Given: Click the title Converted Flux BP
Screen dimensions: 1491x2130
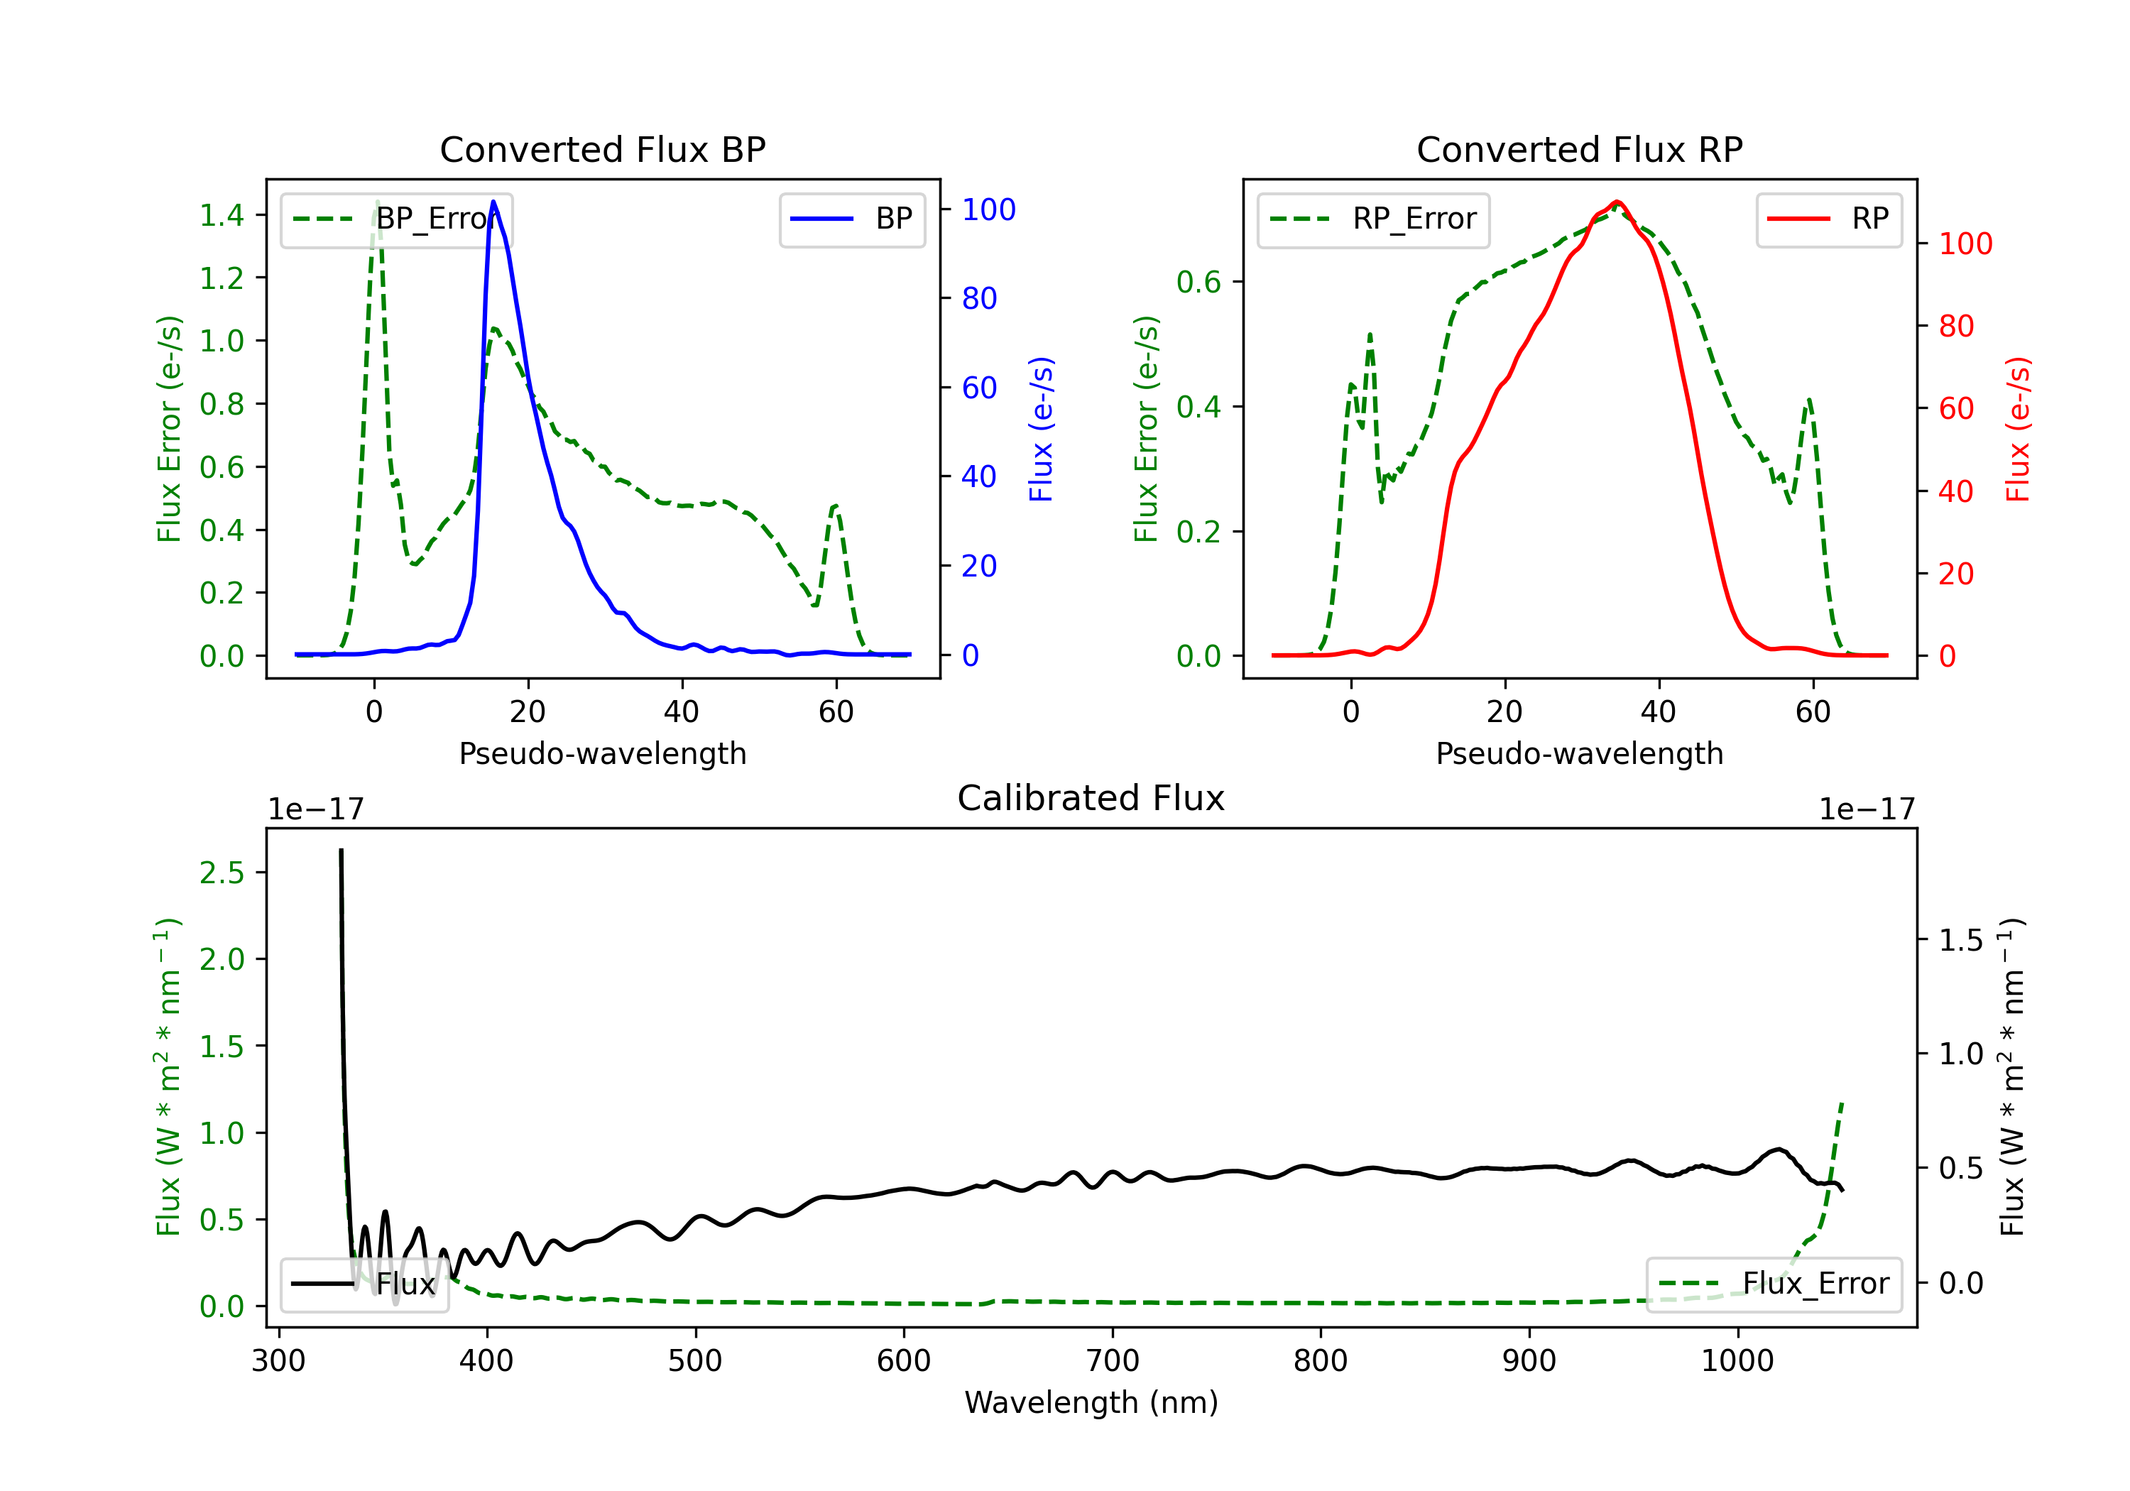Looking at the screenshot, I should (x=602, y=149).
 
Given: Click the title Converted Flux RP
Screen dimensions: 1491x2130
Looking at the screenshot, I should (x=1579, y=149).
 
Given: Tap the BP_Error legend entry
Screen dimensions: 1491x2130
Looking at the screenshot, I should (x=397, y=219).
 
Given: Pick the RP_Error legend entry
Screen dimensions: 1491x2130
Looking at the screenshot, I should (x=1374, y=219).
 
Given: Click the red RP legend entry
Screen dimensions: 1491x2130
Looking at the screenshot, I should (x=1828, y=219).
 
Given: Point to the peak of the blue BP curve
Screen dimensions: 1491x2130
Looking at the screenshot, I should (x=493, y=202).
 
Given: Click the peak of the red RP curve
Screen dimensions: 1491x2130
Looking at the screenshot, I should (x=1617, y=202).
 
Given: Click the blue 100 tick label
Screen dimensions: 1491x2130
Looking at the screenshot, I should (x=989, y=209).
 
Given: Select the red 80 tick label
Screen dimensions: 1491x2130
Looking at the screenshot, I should (x=1957, y=327).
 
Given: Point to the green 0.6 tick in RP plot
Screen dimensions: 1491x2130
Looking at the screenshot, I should (x=1198, y=282).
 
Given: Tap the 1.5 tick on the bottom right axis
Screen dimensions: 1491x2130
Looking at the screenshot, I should (x=1961, y=941).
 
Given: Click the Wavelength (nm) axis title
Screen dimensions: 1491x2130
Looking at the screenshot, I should (x=1091, y=1402).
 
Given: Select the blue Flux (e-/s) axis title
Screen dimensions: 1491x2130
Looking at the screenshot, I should (x=1042, y=429).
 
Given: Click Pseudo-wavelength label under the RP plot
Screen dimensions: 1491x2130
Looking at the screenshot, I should (x=1579, y=753).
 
